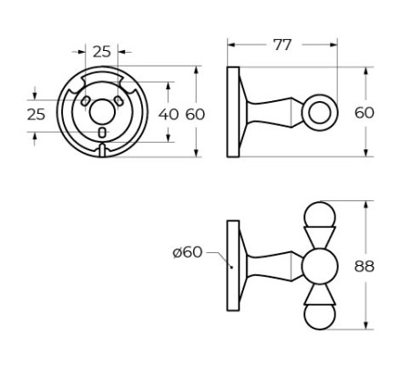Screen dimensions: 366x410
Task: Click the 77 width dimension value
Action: pyautogui.click(x=282, y=45)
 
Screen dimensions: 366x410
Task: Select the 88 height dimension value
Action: pyautogui.click(x=364, y=266)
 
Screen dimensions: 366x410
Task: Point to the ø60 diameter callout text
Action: pyautogui.click(x=188, y=252)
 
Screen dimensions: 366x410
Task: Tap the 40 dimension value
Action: pyautogui.click(x=169, y=114)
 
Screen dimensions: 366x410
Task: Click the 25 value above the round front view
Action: pyautogui.click(x=102, y=51)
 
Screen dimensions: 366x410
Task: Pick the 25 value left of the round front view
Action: pyautogui.click(x=36, y=114)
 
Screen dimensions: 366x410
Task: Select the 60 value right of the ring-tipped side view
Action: pyautogui.click(x=364, y=113)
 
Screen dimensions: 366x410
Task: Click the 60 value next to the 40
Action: pyautogui.click(x=196, y=114)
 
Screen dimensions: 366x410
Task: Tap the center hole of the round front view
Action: pyautogui.click(x=102, y=112)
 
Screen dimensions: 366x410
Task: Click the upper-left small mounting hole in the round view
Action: pyautogui.click(x=86, y=101)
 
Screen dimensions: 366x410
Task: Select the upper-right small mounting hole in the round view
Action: pyautogui.click(x=118, y=101)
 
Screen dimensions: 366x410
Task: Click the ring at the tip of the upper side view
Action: pyautogui.click(x=320, y=113)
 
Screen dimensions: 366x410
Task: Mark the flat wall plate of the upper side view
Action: pyautogui.click(x=233, y=112)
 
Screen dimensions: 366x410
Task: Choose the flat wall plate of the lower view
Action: pyautogui.click(x=233, y=266)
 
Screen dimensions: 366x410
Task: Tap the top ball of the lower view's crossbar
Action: pyautogui.click(x=320, y=216)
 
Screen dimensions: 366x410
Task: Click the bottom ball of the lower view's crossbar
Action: pyautogui.click(x=320, y=316)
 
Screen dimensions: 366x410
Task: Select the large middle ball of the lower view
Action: pyautogui.click(x=320, y=266)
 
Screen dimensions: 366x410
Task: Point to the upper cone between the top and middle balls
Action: pyautogui.click(x=320, y=239)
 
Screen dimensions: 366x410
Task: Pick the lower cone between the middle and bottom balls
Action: pyautogui.click(x=320, y=293)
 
